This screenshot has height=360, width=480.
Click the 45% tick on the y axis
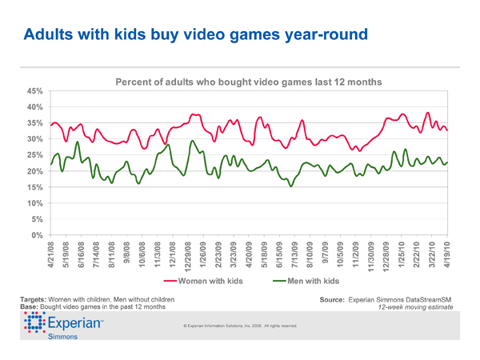35,91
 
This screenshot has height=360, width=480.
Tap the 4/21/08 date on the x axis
52,254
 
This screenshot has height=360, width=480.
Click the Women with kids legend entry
206,282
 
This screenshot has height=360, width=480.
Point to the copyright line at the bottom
240,326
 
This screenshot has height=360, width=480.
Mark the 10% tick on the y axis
35,203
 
